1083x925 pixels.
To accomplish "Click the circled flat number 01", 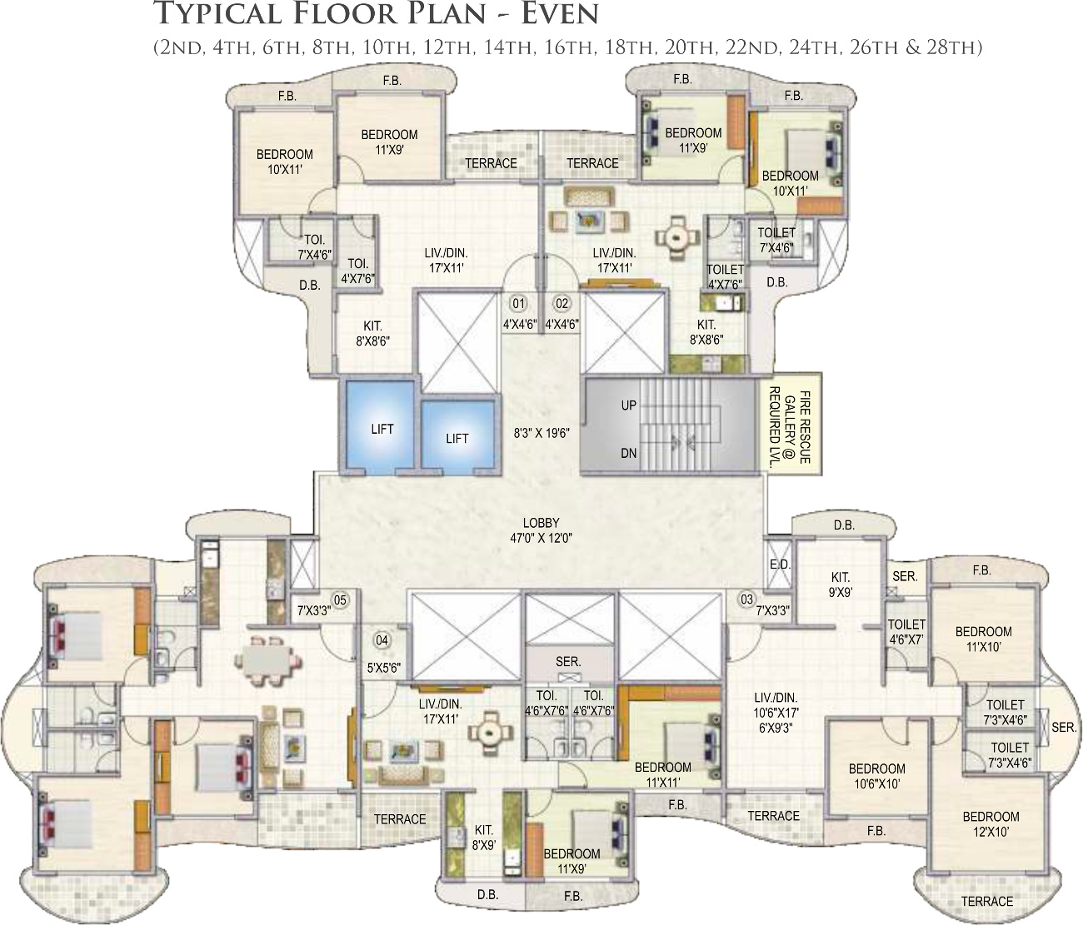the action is [518, 303].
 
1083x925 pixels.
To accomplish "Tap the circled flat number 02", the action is [561, 303].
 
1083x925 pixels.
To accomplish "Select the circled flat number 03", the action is [746, 599].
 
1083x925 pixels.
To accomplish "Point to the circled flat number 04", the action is [382, 640].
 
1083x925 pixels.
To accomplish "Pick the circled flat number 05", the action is [340, 600].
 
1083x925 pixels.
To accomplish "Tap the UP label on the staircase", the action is [629, 405].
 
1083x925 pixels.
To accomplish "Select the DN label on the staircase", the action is [629, 453].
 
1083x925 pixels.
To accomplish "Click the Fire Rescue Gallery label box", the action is [791, 421].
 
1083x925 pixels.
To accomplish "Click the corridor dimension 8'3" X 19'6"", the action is [541, 433].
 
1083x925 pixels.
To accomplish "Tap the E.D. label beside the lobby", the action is [780, 564].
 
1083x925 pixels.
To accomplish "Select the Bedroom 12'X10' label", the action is [991, 824].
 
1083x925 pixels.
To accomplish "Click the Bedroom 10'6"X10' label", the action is [876, 776].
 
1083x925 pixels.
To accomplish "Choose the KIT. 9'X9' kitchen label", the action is [841, 584].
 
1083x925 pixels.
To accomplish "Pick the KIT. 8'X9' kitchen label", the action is [483, 837].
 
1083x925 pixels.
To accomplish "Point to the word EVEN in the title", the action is [559, 15].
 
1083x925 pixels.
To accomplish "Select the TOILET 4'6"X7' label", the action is [906, 632].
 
